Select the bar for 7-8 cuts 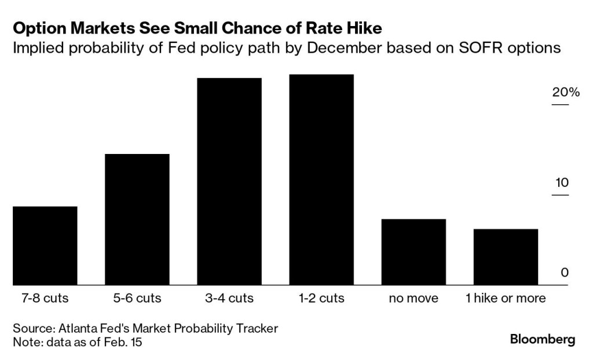[45, 245]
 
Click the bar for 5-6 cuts [137, 219]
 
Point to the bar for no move [413, 252]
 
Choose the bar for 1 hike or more [506, 257]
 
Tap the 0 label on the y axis [565, 273]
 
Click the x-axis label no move [413, 299]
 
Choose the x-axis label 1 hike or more [506, 299]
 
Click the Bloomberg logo [543, 340]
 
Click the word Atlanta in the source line [78, 329]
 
